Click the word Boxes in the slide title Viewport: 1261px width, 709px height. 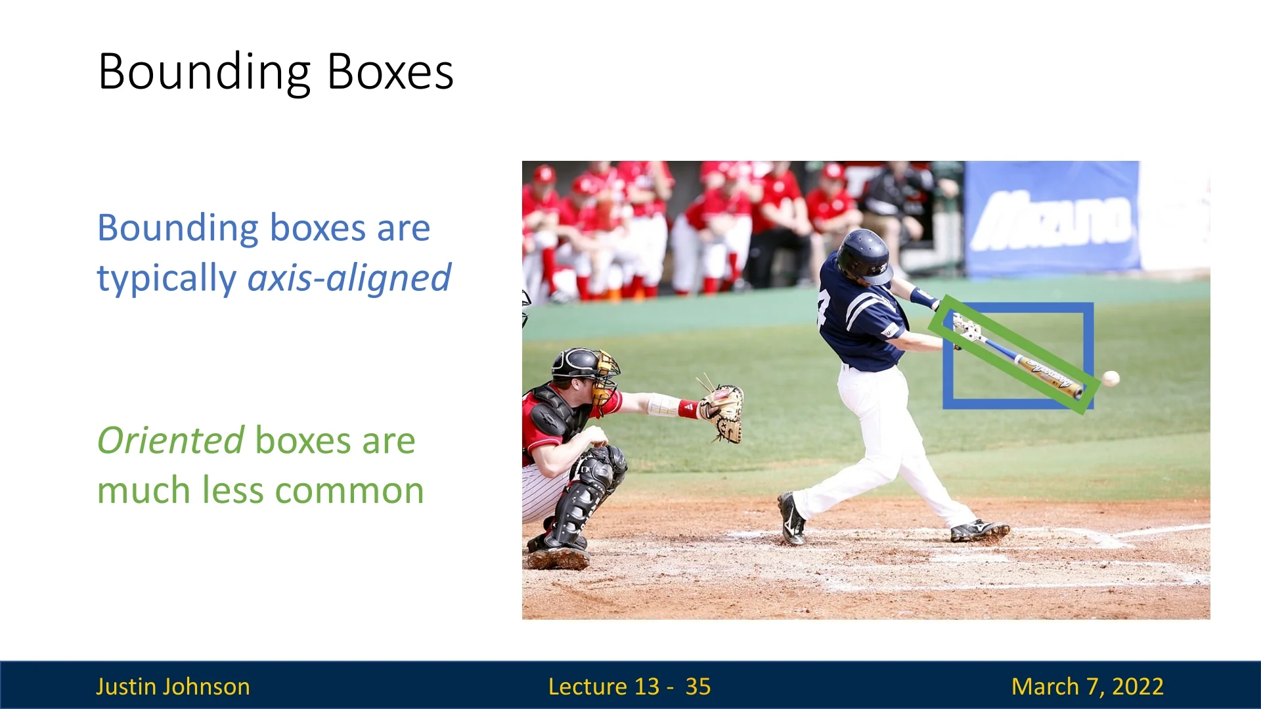pyautogui.click(x=390, y=72)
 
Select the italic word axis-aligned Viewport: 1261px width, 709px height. pyautogui.click(x=349, y=278)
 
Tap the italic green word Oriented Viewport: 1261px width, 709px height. pyautogui.click(x=171, y=440)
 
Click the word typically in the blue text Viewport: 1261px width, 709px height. pyautogui.click(x=167, y=279)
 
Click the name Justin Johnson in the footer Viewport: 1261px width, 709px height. pyautogui.click(x=173, y=686)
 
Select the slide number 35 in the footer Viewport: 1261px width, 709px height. pyautogui.click(x=698, y=686)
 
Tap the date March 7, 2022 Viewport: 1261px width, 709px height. pyautogui.click(x=1088, y=686)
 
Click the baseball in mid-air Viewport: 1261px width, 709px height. pyautogui.click(x=1111, y=378)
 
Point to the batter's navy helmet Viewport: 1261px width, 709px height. pyautogui.click(x=864, y=256)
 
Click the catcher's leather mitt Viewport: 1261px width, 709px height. pyautogui.click(x=721, y=412)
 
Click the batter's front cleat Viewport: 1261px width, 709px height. pyautogui.click(x=979, y=530)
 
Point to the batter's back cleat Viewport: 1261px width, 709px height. pyautogui.click(x=791, y=519)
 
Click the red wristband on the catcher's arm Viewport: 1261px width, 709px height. pyautogui.click(x=688, y=409)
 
